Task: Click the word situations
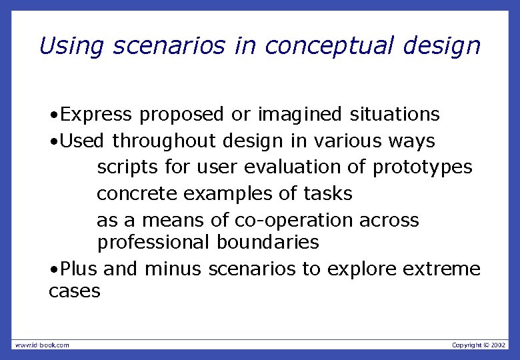[x=395, y=115]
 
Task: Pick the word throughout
[x=164, y=141]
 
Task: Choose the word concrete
[x=137, y=194]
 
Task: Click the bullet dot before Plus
[x=53, y=269]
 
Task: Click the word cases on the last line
[x=75, y=291]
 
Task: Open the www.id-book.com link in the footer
[x=41, y=345]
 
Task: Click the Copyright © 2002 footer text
[x=479, y=345]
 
